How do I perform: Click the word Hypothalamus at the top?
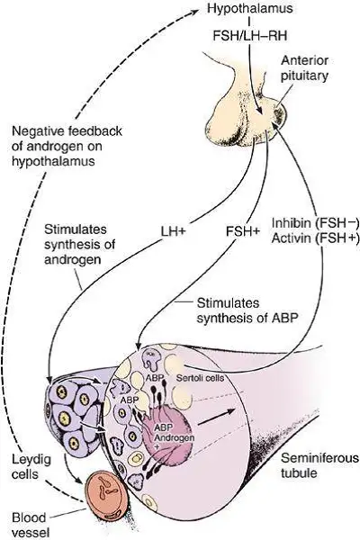(x=250, y=8)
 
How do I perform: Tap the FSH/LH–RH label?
(x=250, y=35)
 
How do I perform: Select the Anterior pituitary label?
(x=304, y=67)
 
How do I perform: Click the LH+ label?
(x=174, y=231)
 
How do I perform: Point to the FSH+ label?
(x=243, y=231)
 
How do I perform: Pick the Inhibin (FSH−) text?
(x=315, y=223)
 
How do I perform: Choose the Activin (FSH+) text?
(x=315, y=238)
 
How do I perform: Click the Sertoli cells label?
(x=200, y=378)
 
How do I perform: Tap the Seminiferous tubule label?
(x=319, y=465)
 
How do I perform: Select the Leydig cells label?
(x=31, y=466)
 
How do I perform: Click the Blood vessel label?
(x=31, y=524)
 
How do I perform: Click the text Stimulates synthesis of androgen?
(x=79, y=244)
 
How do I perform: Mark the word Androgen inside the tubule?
(x=175, y=437)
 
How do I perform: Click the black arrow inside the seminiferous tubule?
(x=217, y=417)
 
